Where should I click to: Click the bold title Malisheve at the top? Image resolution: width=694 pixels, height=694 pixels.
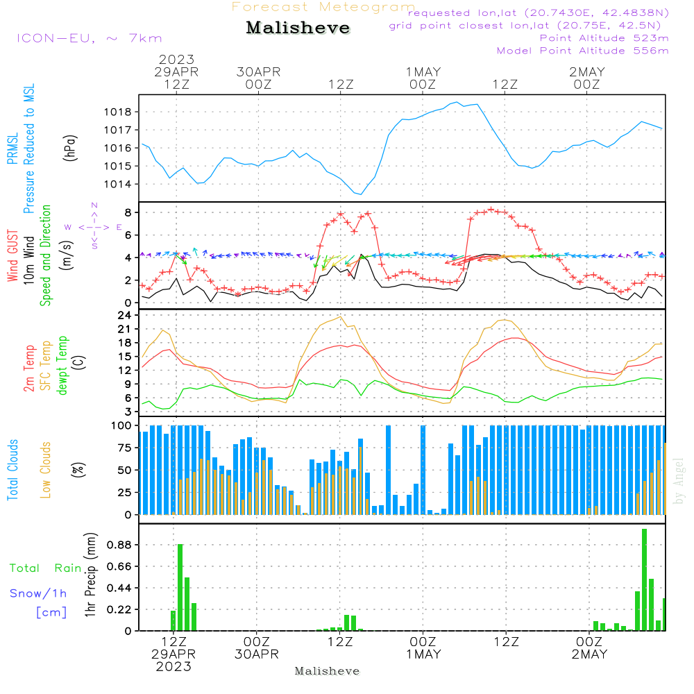tap(298, 28)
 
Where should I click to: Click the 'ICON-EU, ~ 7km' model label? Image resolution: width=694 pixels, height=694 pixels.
tap(90, 38)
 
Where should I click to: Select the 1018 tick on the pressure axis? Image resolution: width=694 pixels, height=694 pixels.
tap(118, 112)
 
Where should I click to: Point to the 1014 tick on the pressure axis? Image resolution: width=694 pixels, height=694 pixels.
tap(118, 184)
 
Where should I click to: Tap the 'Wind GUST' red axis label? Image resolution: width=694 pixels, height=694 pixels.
tap(12, 256)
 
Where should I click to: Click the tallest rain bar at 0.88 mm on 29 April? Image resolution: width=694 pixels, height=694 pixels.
tap(180, 587)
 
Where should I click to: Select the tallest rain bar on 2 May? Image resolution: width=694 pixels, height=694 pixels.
tap(645, 579)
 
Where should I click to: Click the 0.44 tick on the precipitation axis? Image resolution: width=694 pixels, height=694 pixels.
tap(119, 589)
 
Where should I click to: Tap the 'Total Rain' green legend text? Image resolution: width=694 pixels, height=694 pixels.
tap(46, 568)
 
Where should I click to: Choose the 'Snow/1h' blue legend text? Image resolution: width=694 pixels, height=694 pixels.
tap(38, 593)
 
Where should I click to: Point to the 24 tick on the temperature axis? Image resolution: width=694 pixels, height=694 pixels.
tap(124, 315)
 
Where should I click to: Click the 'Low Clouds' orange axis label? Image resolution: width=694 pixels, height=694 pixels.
tap(45, 470)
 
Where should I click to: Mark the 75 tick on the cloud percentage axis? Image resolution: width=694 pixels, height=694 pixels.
tap(121, 448)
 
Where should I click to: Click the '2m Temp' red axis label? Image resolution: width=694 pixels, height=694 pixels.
tap(28, 369)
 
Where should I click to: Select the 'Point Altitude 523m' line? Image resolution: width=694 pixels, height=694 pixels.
tap(604, 38)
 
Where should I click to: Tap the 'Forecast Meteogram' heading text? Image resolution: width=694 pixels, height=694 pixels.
tap(323, 7)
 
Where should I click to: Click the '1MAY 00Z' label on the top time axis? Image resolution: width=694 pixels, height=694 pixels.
tap(423, 78)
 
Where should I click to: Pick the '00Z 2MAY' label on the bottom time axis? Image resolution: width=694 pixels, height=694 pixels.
tap(589, 648)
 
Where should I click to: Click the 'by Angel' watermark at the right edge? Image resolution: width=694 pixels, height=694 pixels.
tap(679, 481)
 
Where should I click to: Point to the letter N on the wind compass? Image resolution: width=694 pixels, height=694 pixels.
tap(94, 205)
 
